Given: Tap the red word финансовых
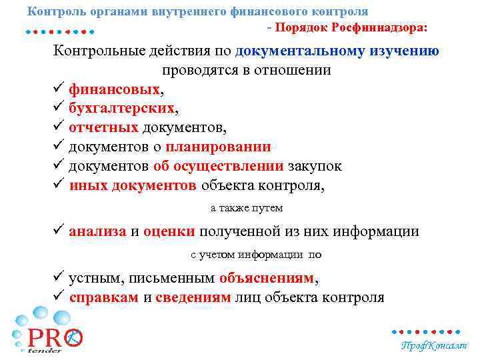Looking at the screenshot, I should tap(114, 89).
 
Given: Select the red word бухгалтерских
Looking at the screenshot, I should tap(122, 109).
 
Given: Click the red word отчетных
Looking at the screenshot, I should tap(103, 128).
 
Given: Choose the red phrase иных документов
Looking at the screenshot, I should tap(132, 186).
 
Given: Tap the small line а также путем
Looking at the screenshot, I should tap(247, 208).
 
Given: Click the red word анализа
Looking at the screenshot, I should tap(97, 231).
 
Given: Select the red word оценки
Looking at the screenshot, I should tap(169, 231).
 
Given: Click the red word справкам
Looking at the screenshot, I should tap(104, 297).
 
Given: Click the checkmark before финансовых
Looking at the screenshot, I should tap(59, 89).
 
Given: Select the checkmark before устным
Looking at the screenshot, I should tap(59, 277).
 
